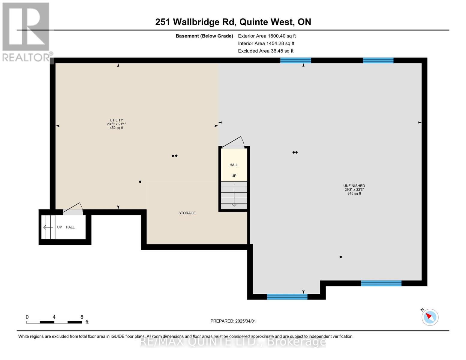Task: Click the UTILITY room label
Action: click(x=116, y=120)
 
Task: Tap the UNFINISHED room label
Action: click(x=354, y=186)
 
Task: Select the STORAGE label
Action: click(x=187, y=213)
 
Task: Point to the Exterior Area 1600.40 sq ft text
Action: click(x=267, y=36)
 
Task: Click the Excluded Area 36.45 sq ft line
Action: click(x=266, y=51)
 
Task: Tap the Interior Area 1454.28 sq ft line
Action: click(x=266, y=43)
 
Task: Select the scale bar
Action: click(x=54, y=322)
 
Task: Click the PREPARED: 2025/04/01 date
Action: click(x=233, y=321)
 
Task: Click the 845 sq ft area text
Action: click(x=354, y=193)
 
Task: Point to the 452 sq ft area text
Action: click(x=116, y=128)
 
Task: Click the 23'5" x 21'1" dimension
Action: click(x=116, y=124)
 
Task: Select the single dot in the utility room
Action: click(x=140, y=182)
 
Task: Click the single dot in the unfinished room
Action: click(x=341, y=257)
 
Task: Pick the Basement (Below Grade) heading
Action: click(x=204, y=36)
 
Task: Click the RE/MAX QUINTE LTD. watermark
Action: click(x=233, y=342)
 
